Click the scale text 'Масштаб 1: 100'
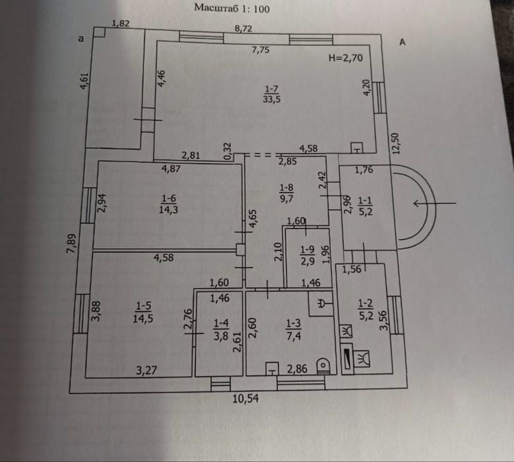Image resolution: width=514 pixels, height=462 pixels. (x=232, y=8)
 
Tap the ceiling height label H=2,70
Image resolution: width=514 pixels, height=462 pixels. (x=346, y=58)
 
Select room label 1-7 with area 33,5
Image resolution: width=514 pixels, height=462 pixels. (x=271, y=94)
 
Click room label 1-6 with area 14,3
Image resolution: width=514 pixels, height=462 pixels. (x=168, y=204)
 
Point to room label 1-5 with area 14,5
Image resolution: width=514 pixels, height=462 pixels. (x=143, y=312)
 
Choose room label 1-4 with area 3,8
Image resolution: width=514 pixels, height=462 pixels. (x=221, y=330)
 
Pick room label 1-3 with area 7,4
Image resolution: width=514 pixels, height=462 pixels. (x=294, y=330)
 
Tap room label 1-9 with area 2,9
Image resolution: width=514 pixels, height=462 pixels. (x=307, y=255)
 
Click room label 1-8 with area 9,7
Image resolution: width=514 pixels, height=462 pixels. (x=286, y=193)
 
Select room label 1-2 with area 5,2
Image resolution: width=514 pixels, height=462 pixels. (x=366, y=309)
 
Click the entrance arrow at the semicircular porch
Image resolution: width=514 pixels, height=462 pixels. (x=435, y=203)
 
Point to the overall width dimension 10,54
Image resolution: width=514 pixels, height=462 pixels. (x=245, y=399)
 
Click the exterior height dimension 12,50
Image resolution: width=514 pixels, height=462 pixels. (x=396, y=143)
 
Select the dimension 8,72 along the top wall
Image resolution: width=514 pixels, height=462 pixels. (x=243, y=28)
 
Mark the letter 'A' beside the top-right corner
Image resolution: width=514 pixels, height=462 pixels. (x=402, y=42)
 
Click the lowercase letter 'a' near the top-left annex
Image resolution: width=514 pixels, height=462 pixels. (x=81, y=39)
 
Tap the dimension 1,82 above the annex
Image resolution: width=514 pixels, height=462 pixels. (x=121, y=23)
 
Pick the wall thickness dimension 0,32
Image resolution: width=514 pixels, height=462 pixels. (x=228, y=151)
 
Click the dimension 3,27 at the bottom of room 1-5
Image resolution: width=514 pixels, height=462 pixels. (x=146, y=370)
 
